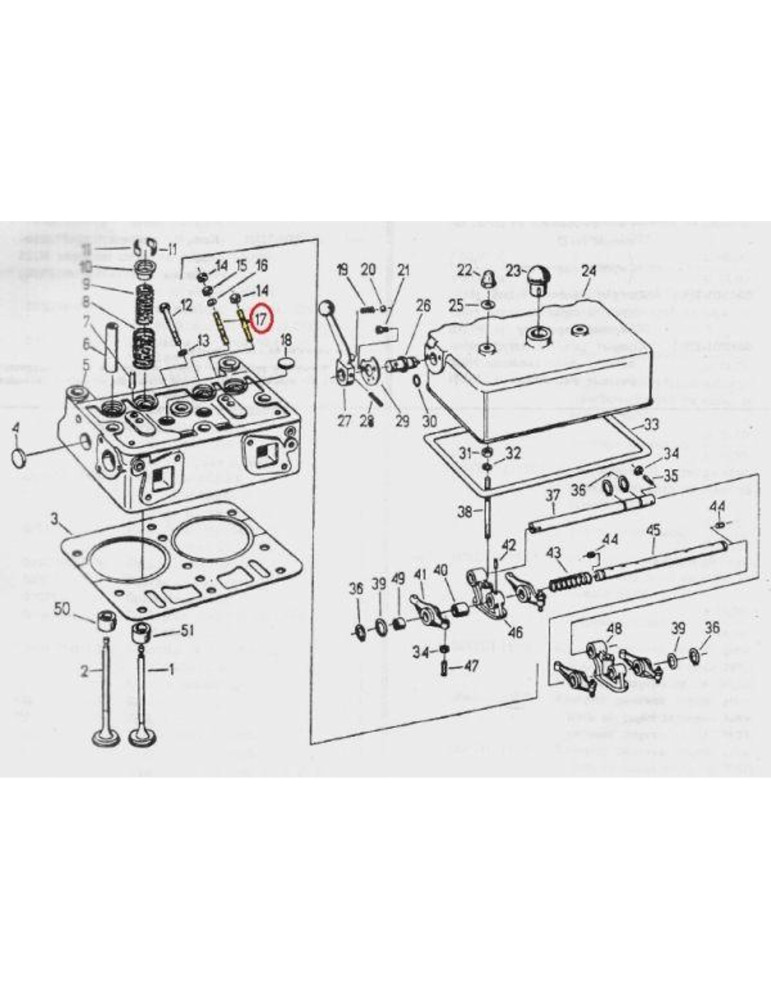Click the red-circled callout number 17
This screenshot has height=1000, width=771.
260,319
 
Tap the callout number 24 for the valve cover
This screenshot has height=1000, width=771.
588,271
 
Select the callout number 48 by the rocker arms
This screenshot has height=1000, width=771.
614,629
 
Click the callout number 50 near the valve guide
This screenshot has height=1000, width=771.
62,609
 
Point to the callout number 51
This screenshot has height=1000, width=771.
186,630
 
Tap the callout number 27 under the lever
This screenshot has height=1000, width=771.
344,421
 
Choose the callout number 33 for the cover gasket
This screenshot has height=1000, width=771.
651,425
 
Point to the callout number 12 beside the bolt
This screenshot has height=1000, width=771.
186,304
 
